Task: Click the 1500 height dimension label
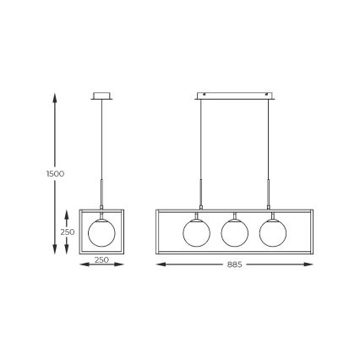click(x=55, y=174)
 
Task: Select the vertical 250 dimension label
click(x=67, y=232)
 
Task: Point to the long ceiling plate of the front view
click(x=235, y=94)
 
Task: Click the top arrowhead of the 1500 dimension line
click(x=56, y=97)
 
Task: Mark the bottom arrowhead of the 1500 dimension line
click(x=56, y=253)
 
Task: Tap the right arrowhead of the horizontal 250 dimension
click(x=130, y=265)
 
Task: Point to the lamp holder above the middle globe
click(x=235, y=213)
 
